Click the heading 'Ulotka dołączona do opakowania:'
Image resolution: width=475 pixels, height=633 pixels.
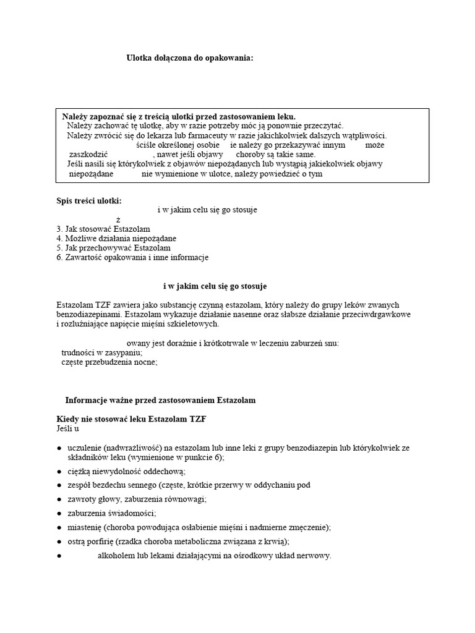click(190, 58)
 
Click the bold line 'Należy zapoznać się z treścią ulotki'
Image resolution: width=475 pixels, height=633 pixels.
click(170, 116)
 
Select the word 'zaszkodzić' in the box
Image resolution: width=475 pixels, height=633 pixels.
click(88, 155)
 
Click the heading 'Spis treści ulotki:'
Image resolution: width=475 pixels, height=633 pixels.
click(89, 200)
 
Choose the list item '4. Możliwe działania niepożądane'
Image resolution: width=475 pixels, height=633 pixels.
click(116, 238)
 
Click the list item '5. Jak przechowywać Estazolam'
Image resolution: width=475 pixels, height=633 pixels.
click(113, 248)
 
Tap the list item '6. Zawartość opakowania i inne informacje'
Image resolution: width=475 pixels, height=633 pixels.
click(132, 257)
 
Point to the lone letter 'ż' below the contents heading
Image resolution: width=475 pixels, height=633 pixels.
click(118, 219)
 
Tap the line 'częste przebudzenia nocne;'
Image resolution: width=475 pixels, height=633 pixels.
click(109, 362)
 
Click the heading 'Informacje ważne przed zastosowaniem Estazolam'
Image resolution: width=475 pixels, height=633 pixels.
click(160, 401)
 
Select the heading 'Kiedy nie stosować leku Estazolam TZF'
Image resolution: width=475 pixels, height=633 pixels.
click(131, 419)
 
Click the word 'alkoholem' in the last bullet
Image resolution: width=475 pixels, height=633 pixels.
click(116, 556)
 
